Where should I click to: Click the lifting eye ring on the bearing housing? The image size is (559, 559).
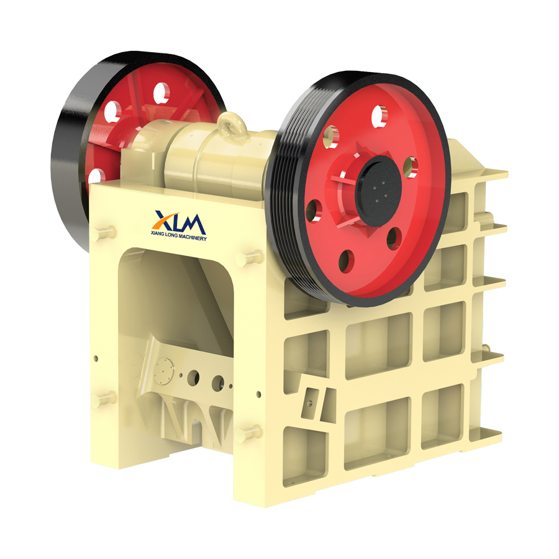tap(232, 125)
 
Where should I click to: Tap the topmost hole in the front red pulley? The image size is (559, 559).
tap(379, 116)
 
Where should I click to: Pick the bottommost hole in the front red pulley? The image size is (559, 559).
tap(347, 261)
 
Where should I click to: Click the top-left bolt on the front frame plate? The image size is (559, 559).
tap(104, 233)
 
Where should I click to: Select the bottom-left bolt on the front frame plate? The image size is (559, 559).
tap(104, 399)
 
